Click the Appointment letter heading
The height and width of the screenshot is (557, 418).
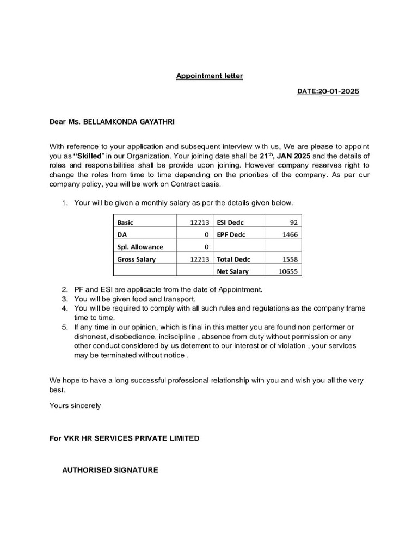click(209, 76)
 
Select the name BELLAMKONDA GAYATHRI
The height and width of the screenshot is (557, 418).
click(130, 122)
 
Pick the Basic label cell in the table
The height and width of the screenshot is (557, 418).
click(125, 222)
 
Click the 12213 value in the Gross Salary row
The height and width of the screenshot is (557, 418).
click(200, 259)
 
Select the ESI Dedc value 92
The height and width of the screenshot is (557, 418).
click(294, 222)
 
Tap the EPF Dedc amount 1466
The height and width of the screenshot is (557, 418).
click(290, 234)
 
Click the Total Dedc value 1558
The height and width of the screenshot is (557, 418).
click(290, 259)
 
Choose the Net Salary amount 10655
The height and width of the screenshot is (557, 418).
click(288, 271)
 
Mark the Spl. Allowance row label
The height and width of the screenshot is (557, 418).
click(140, 247)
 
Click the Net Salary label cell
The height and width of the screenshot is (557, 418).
click(232, 271)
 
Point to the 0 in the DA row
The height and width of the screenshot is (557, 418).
click(207, 234)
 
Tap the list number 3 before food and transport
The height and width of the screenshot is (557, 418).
click(64, 299)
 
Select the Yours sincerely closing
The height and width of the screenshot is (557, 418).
click(75, 405)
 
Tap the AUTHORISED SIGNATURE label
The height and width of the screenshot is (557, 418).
click(110, 470)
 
